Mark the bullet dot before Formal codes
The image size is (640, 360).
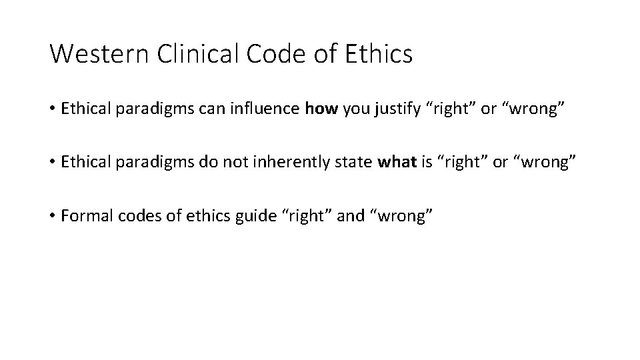(x=52, y=216)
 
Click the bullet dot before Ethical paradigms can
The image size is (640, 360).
(x=52, y=109)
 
